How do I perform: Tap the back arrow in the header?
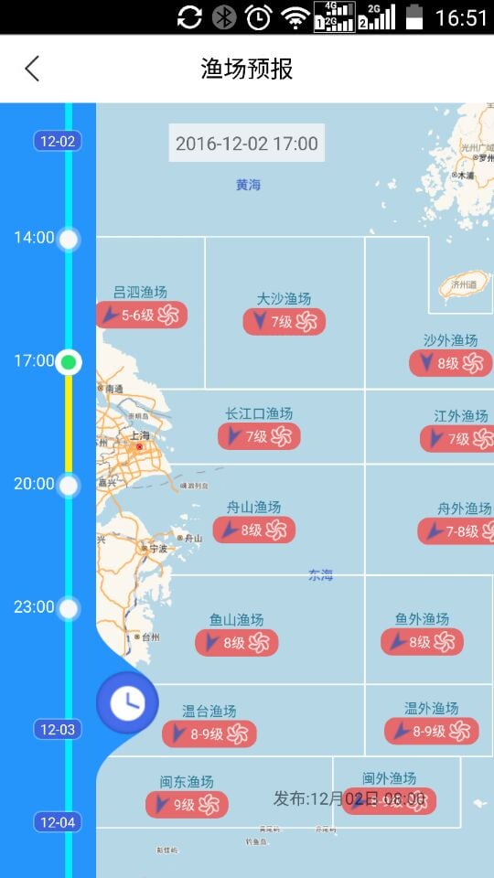(x=32, y=69)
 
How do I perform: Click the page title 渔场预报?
(x=247, y=69)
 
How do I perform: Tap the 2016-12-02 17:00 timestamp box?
(x=246, y=144)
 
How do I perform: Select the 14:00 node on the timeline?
(x=69, y=240)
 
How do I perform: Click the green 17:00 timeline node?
(x=68, y=362)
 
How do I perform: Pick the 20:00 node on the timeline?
(x=69, y=486)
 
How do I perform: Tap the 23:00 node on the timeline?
(x=69, y=608)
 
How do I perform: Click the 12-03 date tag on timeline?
(x=58, y=729)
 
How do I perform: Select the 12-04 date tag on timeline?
(x=58, y=822)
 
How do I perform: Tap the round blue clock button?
(x=127, y=702)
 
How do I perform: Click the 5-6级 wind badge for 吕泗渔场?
(x=142, y=316)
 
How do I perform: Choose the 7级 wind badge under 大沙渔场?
(x=284, y=322)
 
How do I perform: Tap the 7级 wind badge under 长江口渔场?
(x=259, y=436)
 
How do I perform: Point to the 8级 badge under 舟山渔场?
(x=253, y=530)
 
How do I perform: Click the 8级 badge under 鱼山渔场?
(x=236, y=642)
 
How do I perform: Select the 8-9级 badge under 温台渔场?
(x=209, y=733)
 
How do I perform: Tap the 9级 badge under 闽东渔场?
(x=187, y=805)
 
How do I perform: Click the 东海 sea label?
(x=320, y=575)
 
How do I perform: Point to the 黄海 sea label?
(x=248, y=185)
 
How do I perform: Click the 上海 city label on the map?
(x=141, y=436)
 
